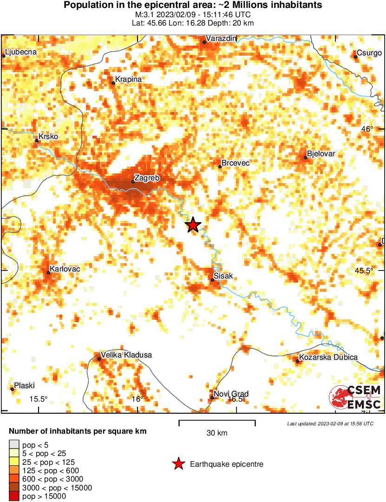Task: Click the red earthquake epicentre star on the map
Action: [x=193, y=225]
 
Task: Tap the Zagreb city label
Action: [x=147, y=178]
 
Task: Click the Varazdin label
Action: [x=221, y=38]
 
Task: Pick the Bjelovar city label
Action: [x=321, y=154]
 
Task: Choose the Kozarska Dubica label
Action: [x=328, y=357]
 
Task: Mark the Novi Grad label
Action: [x=231, y=394]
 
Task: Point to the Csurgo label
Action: [x=369, y=53]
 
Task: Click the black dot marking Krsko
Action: [x=37, y=140]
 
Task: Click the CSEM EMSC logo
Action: [x=355, y=397]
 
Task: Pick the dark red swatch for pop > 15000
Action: [x=14, y=496]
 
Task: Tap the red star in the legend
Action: [x=178, y=464]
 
